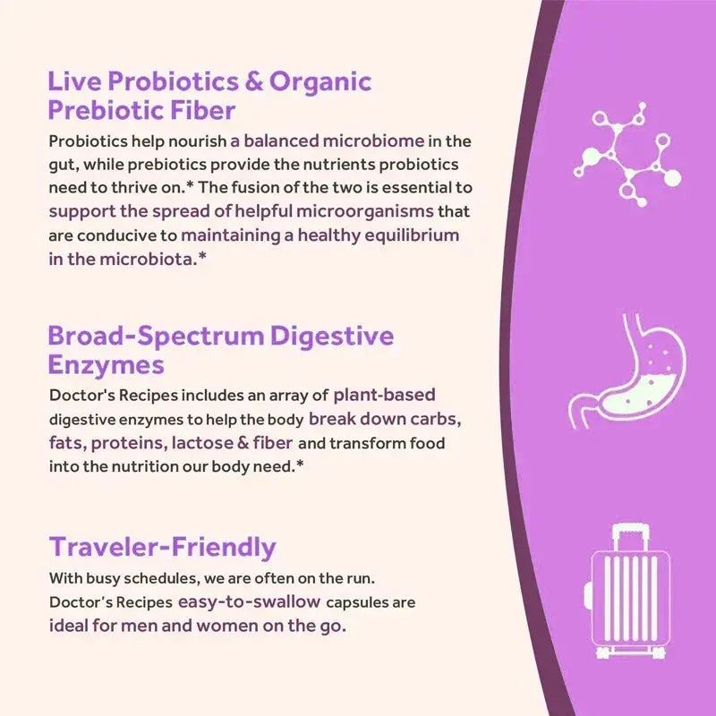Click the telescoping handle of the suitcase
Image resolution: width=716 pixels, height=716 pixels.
(x=630, y=541)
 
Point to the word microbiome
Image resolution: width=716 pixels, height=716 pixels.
(x=386, y=141)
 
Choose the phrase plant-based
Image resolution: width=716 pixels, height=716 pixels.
(x=384, y=395)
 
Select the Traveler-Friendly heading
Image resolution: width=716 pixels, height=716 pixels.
(x=162, y=547)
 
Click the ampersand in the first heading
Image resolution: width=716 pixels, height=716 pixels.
(x=254, y=82)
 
